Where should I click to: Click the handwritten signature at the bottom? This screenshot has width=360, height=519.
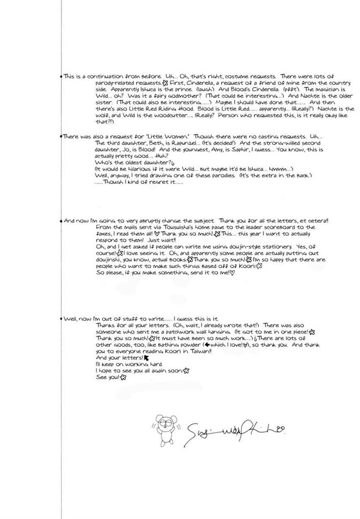click(x=234, y=430)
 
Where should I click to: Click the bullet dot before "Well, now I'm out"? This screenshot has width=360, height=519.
click(x=61, y=319)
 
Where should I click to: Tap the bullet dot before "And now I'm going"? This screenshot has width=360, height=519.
click(x=61, y=221)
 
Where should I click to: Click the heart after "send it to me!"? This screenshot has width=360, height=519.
click(x=232, y=273)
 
